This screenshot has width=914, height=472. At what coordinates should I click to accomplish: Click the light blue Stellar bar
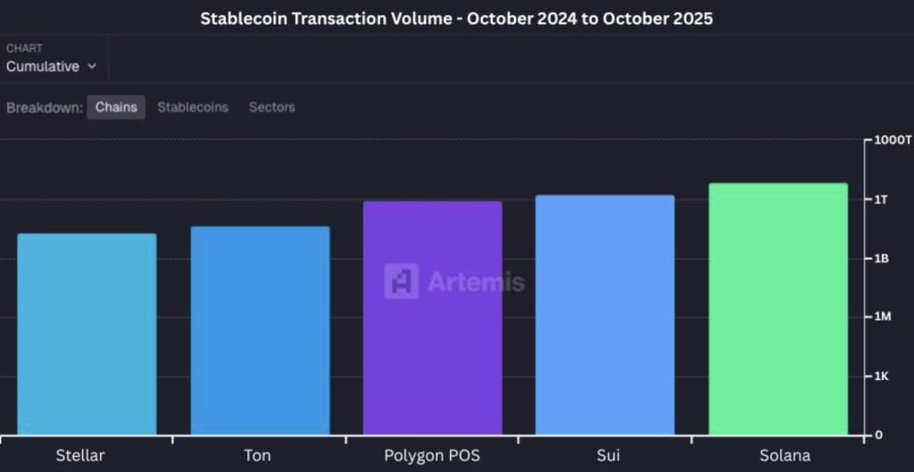coord(87,335)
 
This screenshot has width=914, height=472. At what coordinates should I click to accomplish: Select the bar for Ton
coord(260,331)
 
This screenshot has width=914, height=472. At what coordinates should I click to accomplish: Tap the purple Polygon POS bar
coord(433,319)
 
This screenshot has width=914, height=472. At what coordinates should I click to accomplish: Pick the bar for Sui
coord(605,315)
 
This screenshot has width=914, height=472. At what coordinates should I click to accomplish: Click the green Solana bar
coord(778,310)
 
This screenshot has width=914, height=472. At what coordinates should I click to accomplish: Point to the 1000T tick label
coord(893,140)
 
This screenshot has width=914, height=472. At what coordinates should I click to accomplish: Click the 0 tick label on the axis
coord(878,435)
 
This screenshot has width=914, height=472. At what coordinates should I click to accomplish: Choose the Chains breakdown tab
coord(116,107)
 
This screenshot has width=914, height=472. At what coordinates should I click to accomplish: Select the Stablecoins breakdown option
coord(193,107)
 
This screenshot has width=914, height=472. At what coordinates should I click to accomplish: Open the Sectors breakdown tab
coord(271,107)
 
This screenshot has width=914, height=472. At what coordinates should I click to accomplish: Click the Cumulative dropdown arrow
coord(92,67)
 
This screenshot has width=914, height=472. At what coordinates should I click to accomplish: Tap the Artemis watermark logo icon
coord(402,281)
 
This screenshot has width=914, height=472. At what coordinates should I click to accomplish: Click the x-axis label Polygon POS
coord(433,456)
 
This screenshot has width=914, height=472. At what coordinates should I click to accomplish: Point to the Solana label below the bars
coord(778,456)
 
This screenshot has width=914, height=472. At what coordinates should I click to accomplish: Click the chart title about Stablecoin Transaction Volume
coord(456,18)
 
